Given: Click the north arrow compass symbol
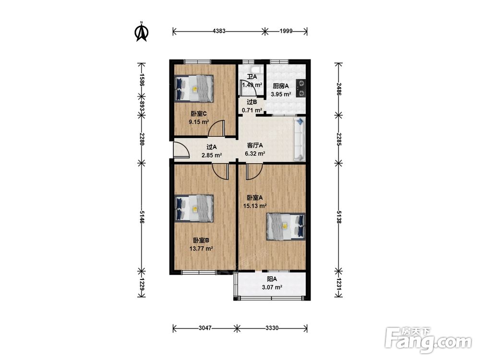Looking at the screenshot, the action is click(x=142, y=32).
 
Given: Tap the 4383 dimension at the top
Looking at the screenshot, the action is click(x=219, y=31).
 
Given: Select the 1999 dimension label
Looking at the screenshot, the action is click(x=286, y=31).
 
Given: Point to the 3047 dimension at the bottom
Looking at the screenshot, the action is click(x=205, y=328).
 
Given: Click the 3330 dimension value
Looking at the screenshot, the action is click(x=272, y=328).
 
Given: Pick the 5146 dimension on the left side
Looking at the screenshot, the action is click(x=142, y=217).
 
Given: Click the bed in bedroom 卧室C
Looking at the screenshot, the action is click(x=194, y=88).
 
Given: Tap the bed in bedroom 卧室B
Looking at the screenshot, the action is click(x=194, y=208).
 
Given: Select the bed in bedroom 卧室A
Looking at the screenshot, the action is click(x=286, y=227).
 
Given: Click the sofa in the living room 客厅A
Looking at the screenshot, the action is click(x=300, y=139).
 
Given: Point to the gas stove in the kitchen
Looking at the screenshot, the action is click(x=301, y=88).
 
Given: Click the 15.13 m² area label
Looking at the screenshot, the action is click(x=255, y=206).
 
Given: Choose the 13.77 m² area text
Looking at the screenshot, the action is click(x=201, y=249).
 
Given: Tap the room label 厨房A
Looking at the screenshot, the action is click(x=281, y=86).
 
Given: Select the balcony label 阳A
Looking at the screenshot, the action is click(x=272, y=279).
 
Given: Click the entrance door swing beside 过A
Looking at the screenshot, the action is click(x=181, y=150).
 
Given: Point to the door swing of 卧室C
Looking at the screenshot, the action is click(x=216, y=128).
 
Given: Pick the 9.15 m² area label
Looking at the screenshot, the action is click(x=199, y=122).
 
